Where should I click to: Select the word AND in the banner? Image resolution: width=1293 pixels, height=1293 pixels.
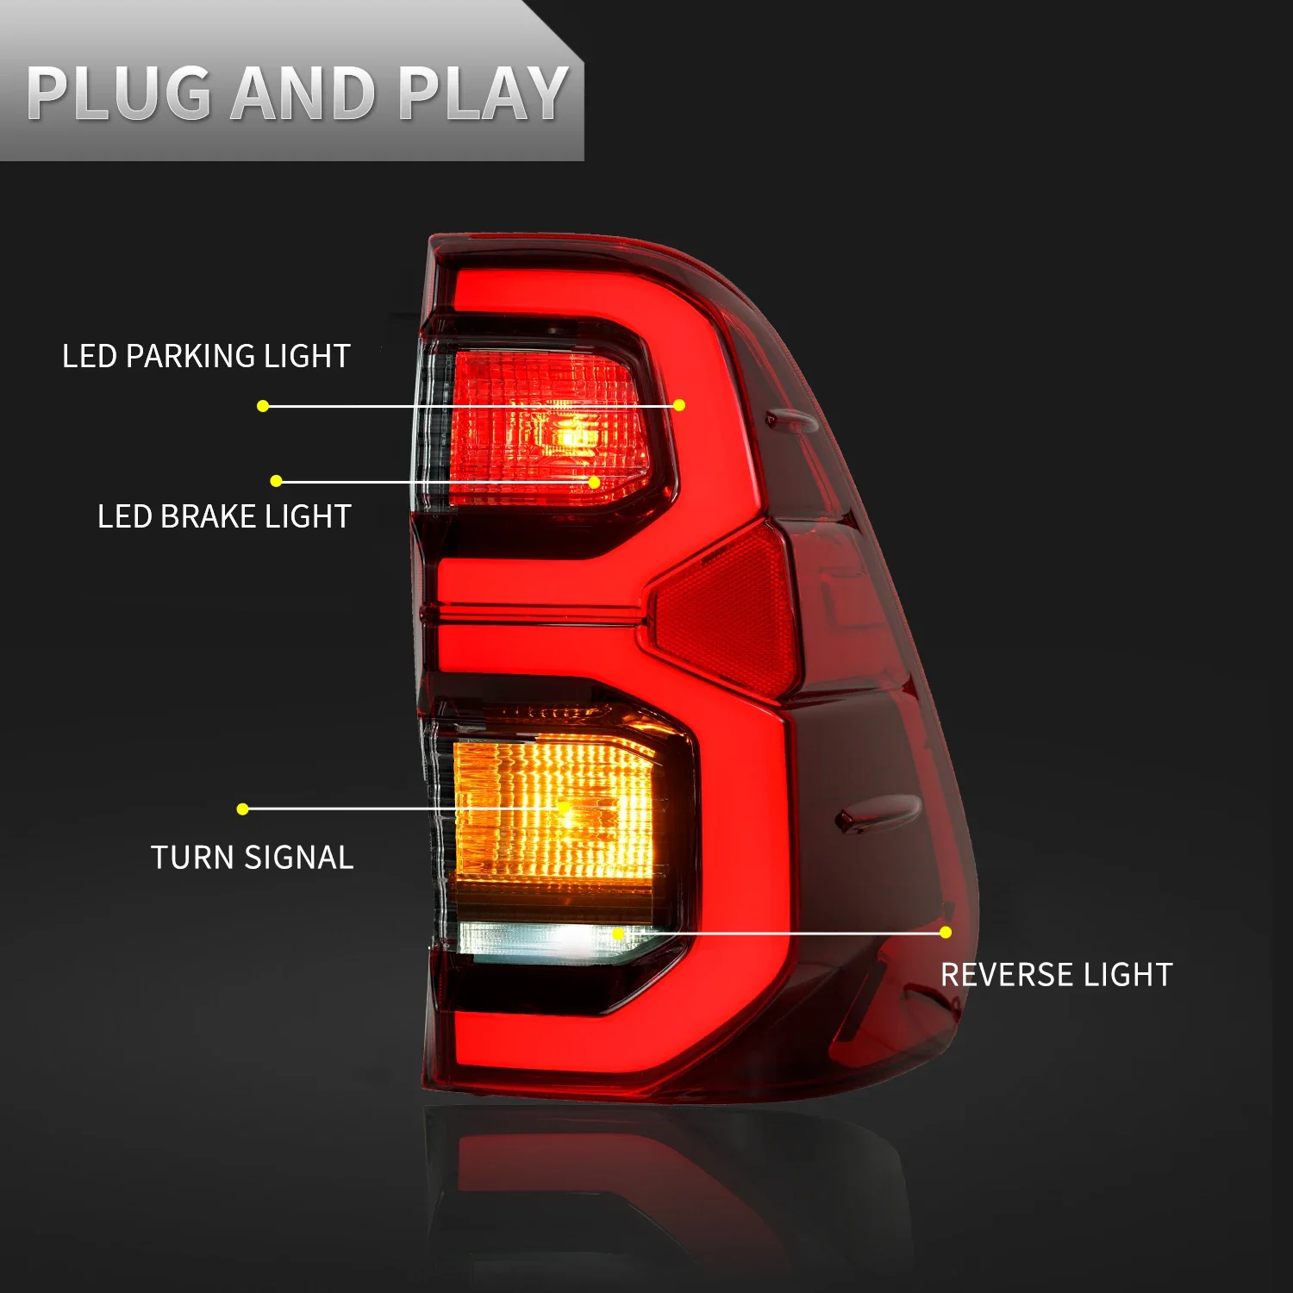click(303, 93)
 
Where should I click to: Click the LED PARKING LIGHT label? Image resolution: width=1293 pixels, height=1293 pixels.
click(206, 356)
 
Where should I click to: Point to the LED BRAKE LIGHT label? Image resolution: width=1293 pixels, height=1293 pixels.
click(224, 516)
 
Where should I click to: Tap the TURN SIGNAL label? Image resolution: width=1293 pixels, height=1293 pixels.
click(252, 858)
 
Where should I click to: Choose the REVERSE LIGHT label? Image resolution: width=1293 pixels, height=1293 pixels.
click(1056, 975)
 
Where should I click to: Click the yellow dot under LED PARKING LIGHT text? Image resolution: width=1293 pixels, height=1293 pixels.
click(263, 406)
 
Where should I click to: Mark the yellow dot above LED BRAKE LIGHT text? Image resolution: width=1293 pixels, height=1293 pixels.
click(276, 481)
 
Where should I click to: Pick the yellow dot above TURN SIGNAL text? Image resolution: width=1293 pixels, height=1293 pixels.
click(242, 809)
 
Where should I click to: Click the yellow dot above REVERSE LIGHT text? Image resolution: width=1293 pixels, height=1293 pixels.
click(946, 933)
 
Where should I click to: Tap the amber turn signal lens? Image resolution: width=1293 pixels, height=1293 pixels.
click(552, 810)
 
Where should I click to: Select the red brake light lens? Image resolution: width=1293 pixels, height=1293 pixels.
click(543, 431)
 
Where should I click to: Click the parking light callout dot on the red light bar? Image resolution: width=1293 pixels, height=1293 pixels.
click(679, 405)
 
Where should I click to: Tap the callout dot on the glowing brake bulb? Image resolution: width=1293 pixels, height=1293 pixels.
click(594, 482)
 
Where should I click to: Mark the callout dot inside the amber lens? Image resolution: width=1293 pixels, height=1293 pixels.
click(565, 809)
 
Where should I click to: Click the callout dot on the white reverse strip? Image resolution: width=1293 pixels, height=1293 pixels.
click(617, 934)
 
